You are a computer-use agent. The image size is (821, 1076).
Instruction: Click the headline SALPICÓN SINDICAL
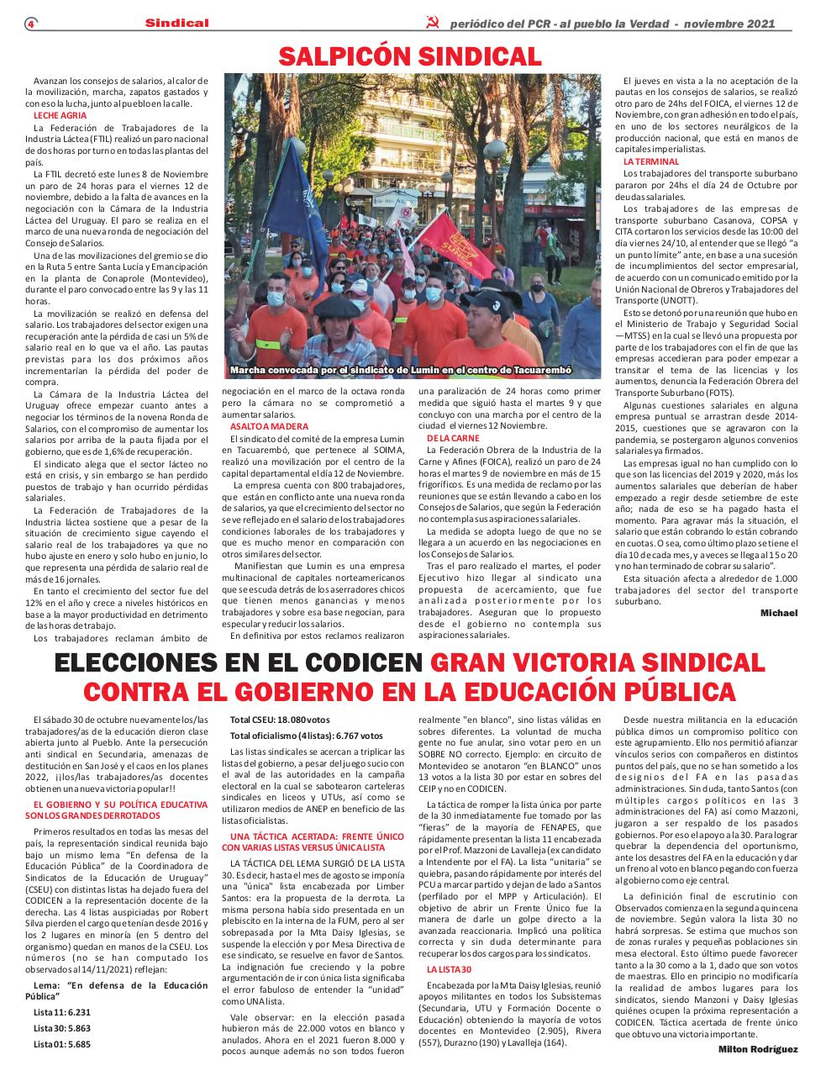coord(410,56)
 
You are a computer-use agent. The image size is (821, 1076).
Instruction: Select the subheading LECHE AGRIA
coord(60,115)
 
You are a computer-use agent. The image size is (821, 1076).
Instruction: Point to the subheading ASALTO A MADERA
coord(257,426)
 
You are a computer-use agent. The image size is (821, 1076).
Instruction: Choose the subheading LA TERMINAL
coord(650,161)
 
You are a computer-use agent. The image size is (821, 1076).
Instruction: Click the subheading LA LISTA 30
coord(450,970)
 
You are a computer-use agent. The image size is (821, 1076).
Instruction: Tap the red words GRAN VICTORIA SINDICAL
coord(597,663)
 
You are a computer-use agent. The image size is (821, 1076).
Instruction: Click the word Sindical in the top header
coord(176,24)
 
